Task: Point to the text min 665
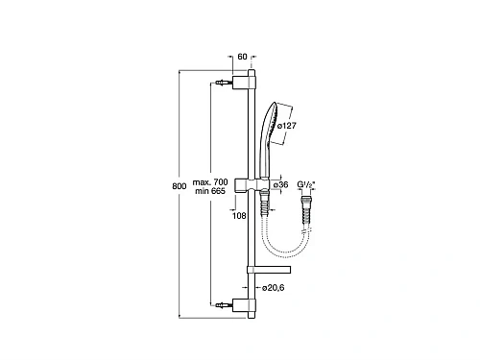click(210, 192)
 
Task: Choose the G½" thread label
click(309, 185)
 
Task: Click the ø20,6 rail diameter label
click(279, 287)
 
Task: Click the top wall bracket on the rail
click(251, 83)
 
